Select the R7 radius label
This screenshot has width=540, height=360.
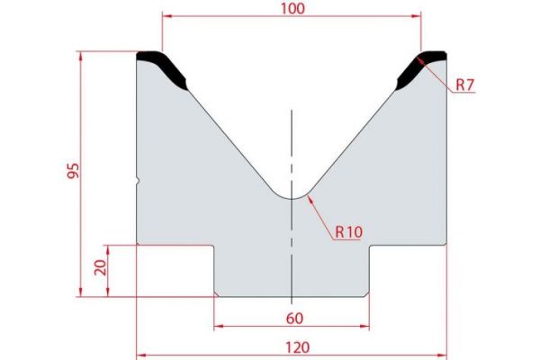(x=464, y=85)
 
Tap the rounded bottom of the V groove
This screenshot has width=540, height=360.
(x=292, y=197)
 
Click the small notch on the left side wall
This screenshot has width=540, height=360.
(x=138, y=181)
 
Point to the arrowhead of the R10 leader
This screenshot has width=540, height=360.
(x=308, y=198)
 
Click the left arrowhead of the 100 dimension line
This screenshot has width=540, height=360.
(x=166, y=15)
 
